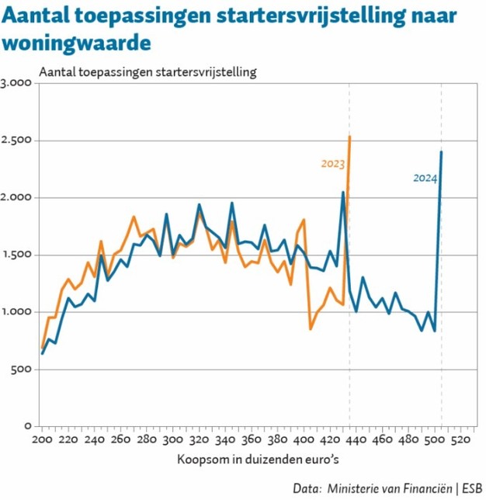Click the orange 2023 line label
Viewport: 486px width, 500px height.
332,164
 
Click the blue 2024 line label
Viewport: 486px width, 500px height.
425,178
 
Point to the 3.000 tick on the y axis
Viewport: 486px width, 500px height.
16,83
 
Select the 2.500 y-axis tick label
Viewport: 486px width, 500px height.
16,141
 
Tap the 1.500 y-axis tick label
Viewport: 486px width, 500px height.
16,255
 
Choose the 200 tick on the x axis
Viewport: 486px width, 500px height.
43,440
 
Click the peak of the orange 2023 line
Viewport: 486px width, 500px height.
350,137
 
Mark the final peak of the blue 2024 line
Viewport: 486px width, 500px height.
441,152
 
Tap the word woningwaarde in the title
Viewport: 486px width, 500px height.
75,41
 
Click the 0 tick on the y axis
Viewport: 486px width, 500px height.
26,425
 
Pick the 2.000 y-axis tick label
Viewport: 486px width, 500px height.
16,197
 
